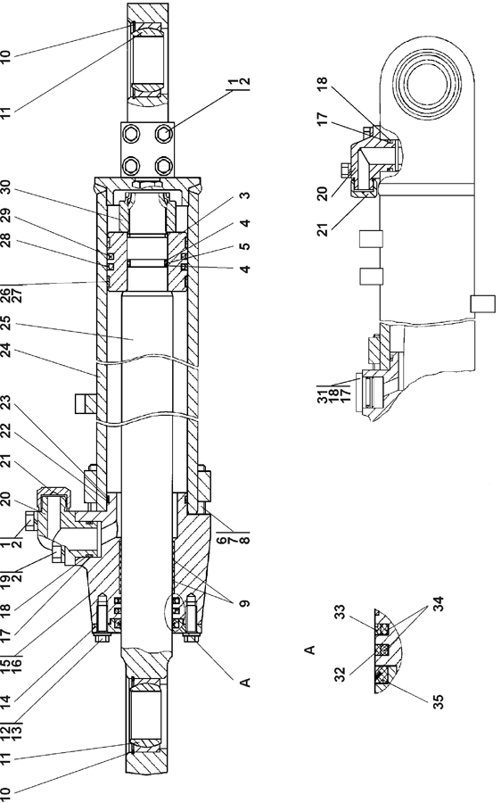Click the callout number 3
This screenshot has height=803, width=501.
click(245, 195)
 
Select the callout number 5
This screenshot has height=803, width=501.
click(245, 246)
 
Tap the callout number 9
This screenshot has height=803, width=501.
click(245, 604)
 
